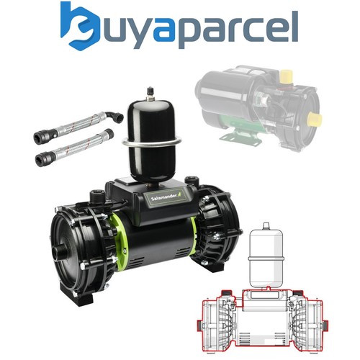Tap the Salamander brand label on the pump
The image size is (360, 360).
[166, 196]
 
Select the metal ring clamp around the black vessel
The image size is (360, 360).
[151, 142]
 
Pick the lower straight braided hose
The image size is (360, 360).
[74, 146]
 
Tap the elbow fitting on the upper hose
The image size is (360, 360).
[114, 117]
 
